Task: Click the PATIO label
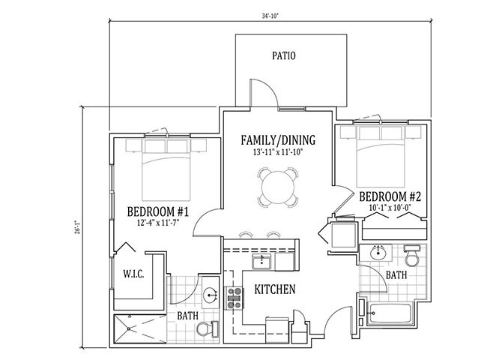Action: (284, 55)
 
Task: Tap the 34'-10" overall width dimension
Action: (270, 16)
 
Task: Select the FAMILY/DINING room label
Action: (278, 140)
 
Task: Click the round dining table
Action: (278, 187)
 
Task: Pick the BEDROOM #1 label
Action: (158, 212)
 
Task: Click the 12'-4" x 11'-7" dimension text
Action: (158, 223)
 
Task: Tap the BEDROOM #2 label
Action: (390, 196)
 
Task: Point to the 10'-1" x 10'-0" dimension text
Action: (390, 208)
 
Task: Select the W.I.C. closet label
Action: (133, 274)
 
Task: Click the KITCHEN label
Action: (275, 289)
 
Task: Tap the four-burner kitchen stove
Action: (235, 298)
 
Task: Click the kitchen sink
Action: (262, 262)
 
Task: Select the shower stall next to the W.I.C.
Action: (140, 329)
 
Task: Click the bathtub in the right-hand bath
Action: (390, 313)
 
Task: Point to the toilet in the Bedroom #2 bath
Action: (412, 256)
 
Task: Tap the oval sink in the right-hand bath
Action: (380, 253)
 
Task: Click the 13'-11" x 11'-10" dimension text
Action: (278, 152)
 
